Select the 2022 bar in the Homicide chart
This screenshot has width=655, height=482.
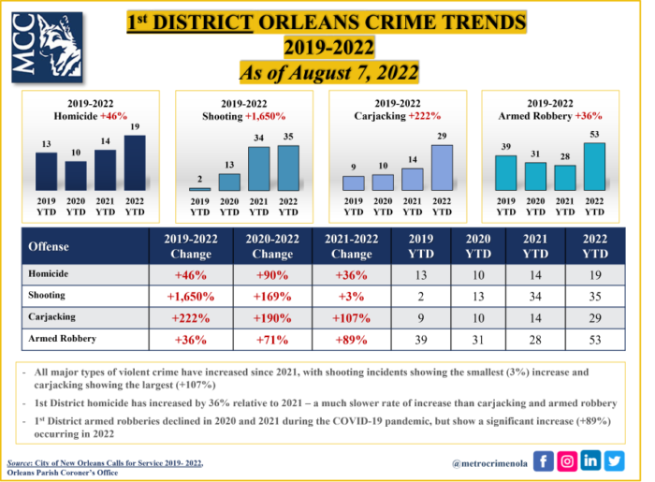pos(135,164)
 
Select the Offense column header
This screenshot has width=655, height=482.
pos(52,246)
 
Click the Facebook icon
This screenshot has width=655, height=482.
pos(545,460)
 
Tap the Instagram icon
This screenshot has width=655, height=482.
pos(567,460)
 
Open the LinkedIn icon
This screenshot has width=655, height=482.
pos(590,460)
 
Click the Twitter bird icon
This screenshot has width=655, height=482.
pos(614,460)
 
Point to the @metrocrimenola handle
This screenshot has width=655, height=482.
pos(488,461)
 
